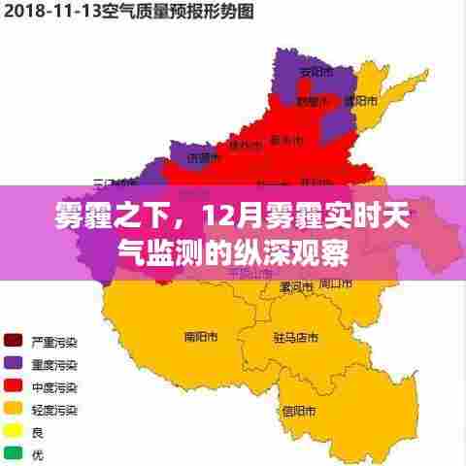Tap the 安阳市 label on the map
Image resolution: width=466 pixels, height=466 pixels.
pos(314,72)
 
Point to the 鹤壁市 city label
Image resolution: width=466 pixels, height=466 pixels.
pos(311,100)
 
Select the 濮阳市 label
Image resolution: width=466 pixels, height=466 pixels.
pos(354,100)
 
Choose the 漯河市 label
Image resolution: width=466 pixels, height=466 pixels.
pos(293,287)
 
